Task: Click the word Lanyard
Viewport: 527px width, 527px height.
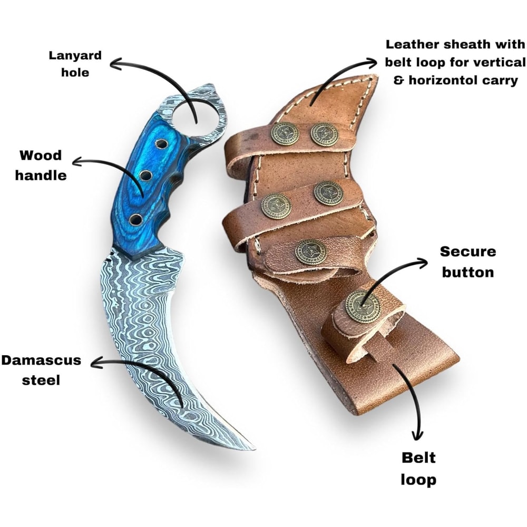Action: (75, 56)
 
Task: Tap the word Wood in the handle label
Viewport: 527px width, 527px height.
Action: (41, 155)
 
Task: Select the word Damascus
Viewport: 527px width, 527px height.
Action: (41, 361)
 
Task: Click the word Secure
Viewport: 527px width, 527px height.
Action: (468, 251)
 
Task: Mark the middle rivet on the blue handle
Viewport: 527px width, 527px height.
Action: (146, 175)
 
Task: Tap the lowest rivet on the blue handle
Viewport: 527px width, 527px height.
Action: (135, 220)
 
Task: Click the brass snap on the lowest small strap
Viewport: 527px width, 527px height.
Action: (362, 306)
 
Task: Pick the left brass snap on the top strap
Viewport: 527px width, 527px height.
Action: (285, 133)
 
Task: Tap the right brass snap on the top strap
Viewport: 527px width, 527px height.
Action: (324, 134)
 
